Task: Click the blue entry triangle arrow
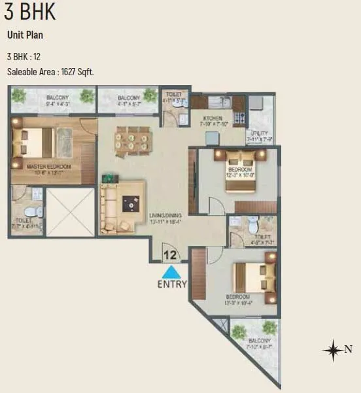coord(171,272)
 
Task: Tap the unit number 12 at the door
coord(171,255)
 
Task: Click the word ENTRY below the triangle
coord(172,284)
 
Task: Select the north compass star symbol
coord(333,350)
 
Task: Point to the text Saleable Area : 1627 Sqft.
coord(50,72)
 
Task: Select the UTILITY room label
coord(260,133)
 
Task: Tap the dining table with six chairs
coord(133,140)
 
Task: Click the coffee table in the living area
coord(133,205)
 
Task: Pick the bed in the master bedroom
coord(33,142)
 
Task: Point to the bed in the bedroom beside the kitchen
coord(241,172)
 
